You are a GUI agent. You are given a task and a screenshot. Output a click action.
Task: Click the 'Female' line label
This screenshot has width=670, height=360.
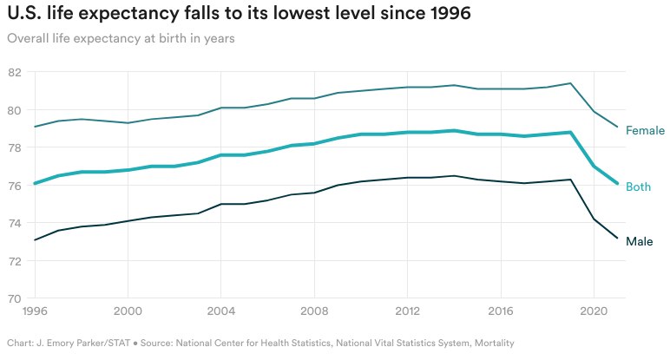[x=645, y=131]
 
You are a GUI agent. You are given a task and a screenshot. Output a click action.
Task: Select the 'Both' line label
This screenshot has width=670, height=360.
[x=638, y=187]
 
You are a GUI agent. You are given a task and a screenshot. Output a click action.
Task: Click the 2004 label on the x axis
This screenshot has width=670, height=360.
[x=220, y=310]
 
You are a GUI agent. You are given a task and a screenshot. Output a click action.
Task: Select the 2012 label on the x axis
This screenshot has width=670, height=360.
[x=407, y=310]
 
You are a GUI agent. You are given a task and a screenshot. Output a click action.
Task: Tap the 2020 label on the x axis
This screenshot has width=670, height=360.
[x=594, y=310]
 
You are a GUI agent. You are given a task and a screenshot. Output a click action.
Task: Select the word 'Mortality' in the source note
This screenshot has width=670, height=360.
[x=491, y=343]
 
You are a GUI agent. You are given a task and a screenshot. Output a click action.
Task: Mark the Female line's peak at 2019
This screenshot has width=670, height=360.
[x=570, y=83]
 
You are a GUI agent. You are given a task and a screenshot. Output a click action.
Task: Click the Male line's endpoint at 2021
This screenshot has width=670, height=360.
[x=617, y=238]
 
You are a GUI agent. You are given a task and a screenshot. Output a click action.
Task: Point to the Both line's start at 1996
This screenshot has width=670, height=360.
[x=34, y=183]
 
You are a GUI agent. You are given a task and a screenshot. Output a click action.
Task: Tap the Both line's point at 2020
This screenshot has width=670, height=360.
[x=594, y=167]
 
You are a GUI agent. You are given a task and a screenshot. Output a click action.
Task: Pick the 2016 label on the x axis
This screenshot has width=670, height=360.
[x=501, y=310]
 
